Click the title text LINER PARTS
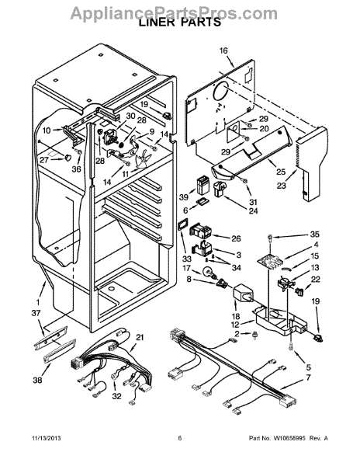click(180, 22)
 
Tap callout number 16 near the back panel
click(223, 50)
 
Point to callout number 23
click(281, 186)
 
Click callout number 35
click(314, 235)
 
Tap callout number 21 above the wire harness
click(140, 337)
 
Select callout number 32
click(117, 396)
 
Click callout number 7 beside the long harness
click(308, 377)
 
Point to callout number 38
click(37, 380)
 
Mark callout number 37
click(37, 313)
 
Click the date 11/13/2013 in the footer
click(47, 438)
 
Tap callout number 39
click(184, 196)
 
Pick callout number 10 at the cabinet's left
click(47, 130)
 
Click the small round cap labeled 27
click(68, 157)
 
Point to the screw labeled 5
click(291, 346)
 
